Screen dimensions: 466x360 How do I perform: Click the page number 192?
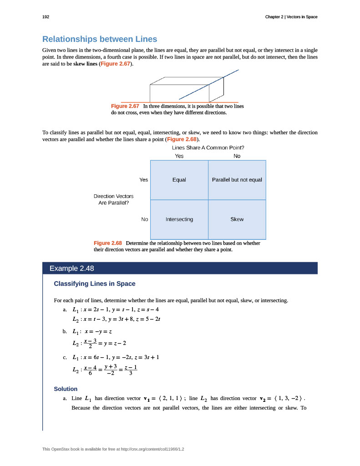[46, 17]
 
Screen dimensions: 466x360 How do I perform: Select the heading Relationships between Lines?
[99, 39]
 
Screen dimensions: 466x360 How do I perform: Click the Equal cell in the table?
[179, 180]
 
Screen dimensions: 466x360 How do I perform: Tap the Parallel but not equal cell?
[237, 180]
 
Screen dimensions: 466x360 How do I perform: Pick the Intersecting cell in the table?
[179, 219]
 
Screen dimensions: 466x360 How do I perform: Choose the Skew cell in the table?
[237, 219]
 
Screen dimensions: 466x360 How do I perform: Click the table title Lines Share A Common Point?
[208, 147]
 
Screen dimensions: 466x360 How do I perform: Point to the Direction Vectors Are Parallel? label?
[113, 199]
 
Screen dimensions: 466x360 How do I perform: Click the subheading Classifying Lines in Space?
[95, 284]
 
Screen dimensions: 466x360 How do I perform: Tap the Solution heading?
[66, 389]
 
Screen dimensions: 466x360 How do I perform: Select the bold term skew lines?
[86, 64]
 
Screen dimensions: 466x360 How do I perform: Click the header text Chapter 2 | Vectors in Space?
[291, 17]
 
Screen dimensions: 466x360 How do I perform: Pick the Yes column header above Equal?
[179, 156]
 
